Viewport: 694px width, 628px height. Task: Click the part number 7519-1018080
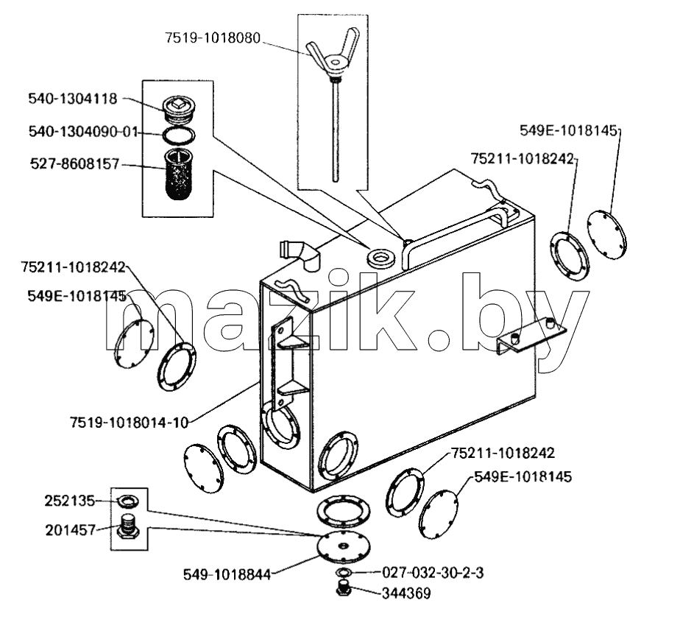213,38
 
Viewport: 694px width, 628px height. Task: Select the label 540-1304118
73,99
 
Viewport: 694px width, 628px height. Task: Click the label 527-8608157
75,164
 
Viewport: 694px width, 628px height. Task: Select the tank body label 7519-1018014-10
130,422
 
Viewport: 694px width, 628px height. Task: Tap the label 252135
69,501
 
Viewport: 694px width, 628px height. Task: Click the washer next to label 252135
127,501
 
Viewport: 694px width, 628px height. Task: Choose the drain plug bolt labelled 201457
128,526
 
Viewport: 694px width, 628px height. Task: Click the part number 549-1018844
227,575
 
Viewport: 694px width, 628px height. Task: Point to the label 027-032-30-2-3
433,573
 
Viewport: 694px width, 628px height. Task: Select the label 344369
406,593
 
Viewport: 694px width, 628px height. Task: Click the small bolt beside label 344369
344,588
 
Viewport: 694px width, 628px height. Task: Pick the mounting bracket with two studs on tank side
531,335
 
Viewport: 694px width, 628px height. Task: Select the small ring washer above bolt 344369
344,572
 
